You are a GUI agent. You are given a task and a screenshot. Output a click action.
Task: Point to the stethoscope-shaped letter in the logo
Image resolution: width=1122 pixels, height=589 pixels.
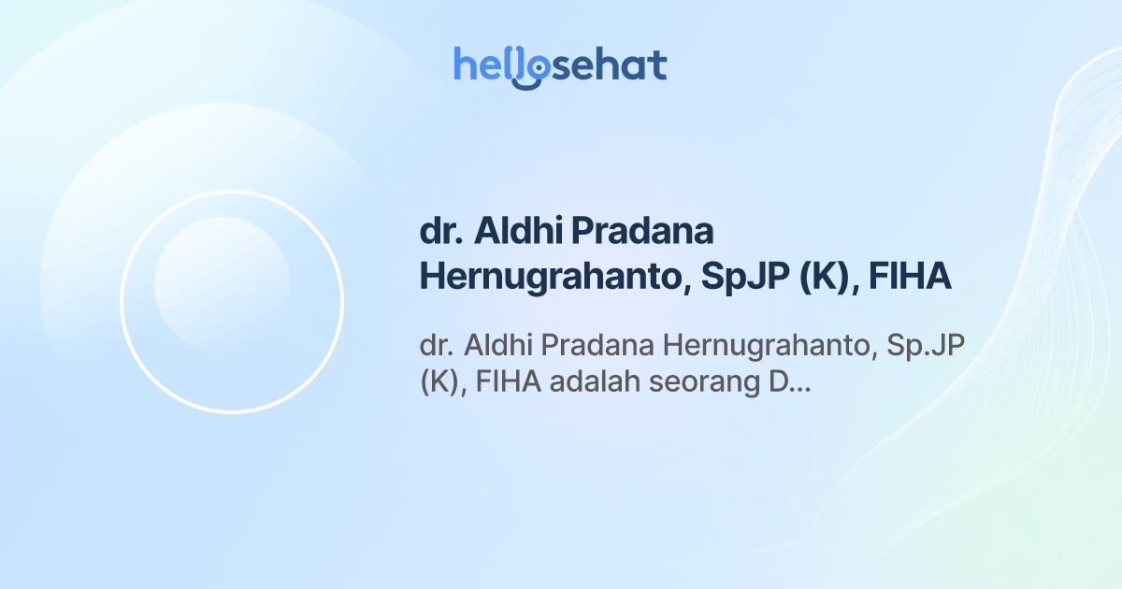click(x=530, y=69)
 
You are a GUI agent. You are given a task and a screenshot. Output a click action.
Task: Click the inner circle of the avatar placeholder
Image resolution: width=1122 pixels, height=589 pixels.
click(x=222, y=284)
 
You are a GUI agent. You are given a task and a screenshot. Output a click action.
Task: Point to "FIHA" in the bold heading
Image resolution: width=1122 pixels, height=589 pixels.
click(x=911, y=278)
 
